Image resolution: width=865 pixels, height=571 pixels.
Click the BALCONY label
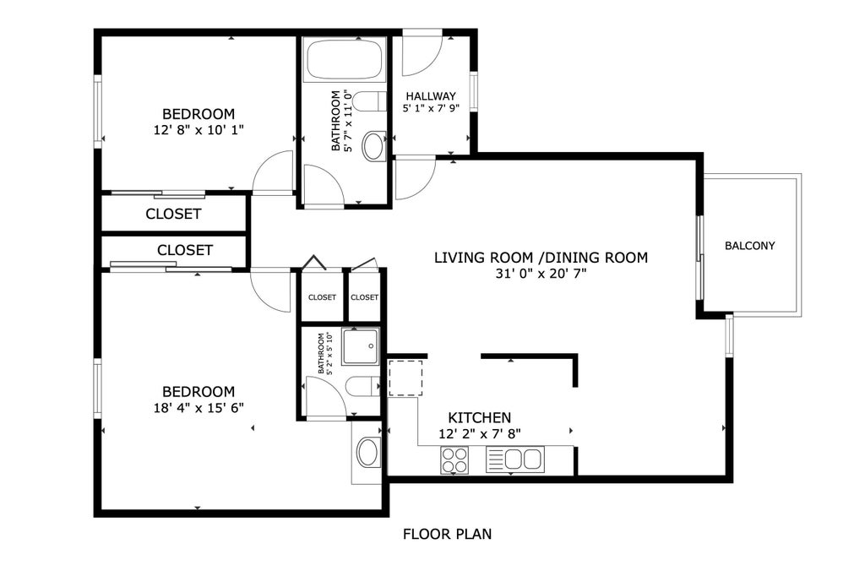[x=750, y=246]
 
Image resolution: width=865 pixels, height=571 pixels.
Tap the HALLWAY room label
[x=431, y=96]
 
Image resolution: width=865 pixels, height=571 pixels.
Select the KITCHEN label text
[x=480, y=417]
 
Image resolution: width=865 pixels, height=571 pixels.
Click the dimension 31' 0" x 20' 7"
[x=541, y=273]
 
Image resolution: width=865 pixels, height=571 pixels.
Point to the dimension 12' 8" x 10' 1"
[x=199, y=129]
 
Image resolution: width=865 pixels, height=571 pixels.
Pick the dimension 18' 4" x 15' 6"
[x=199, y=408]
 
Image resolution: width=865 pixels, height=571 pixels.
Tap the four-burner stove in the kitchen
[x=454, y=460]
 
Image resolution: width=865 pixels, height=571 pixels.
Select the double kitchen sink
[x=514, y=460]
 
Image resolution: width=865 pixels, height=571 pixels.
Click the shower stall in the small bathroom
[x=361, y=346]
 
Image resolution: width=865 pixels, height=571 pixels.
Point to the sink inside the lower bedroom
[x=367, y=453]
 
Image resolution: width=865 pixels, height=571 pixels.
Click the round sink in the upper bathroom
[x=374, y=146]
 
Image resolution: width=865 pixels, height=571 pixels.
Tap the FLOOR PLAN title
[x=447, y=534]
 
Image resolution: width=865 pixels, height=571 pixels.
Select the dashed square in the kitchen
[x=405, y=378]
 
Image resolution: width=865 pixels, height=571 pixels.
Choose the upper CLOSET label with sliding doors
[x=173, y=214]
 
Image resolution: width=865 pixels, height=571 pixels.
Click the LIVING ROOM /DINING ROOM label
[x=541, y=257]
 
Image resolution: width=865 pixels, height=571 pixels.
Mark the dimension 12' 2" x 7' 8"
[x=480, y=433]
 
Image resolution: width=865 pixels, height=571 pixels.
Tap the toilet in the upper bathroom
[x=369, y=102]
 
